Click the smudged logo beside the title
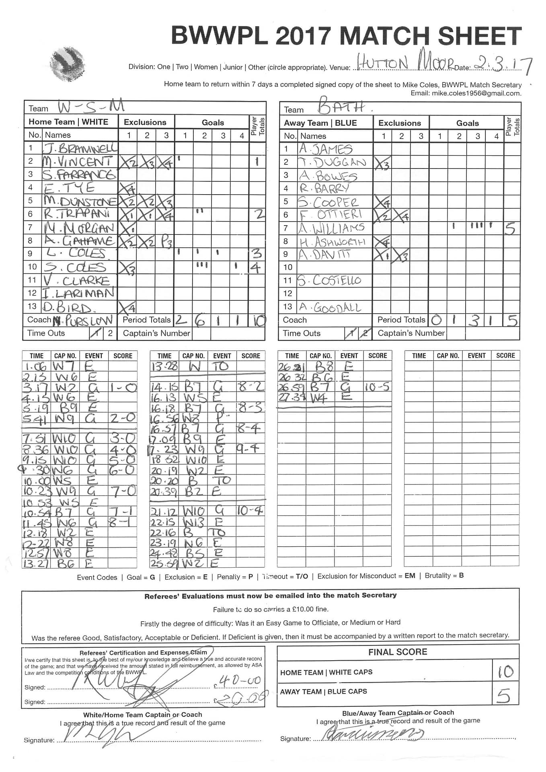[x=68, y=64]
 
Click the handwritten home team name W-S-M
[x=91, y=107]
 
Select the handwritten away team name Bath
[x=342, y=107]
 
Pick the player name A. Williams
[x=332, y=228]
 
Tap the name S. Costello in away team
[x=329, y=280]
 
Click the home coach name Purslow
[x=83, y=320]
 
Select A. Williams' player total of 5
[x=511, y=228]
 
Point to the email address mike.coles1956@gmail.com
[x=476, y=93]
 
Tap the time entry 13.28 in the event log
[x=164, y=366]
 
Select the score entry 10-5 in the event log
[x=377, y=387]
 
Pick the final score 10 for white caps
[x=505, y=671]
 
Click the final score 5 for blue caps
[x=504, y=696]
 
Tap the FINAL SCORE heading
[x=398, y=652]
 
